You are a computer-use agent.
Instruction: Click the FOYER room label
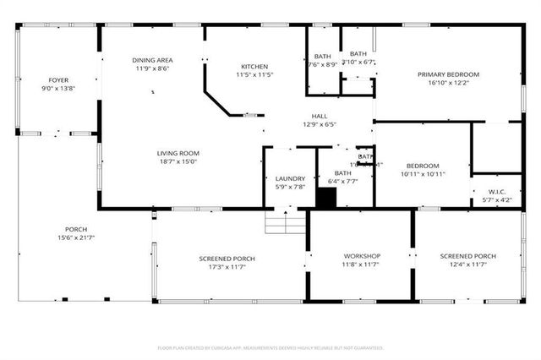pos(58,80)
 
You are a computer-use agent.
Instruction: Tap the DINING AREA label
pos(152,60)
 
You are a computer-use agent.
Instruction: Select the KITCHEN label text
pos(254,67)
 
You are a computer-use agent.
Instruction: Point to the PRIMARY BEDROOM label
pos(448,74)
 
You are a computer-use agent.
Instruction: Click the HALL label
pos(319,116)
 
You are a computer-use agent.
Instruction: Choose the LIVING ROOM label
pos(178,153)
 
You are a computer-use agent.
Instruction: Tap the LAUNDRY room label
pos(290,178)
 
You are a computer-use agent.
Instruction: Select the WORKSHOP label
pos(362,256)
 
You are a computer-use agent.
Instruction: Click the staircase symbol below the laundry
pos(285,223)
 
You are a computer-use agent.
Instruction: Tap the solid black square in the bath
pos(326,198)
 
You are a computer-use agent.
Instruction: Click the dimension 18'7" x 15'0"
pos(178,161)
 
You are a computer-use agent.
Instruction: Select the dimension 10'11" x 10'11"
pos(422,174)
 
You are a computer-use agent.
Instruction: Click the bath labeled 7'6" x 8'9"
pos(323,60)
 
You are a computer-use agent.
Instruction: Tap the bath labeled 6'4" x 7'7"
pos(342,177)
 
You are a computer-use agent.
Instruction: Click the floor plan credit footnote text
pos(270,347)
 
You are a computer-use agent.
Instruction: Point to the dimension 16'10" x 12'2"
pos(448,83)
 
